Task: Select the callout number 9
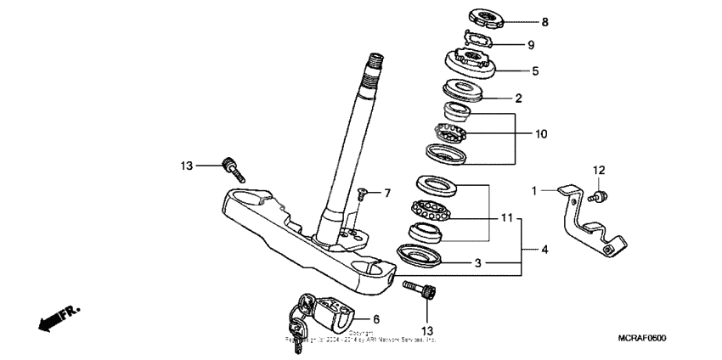[532, 45]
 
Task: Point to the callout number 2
[517, 98]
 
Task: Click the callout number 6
[375, 318]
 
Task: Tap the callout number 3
[478, 264]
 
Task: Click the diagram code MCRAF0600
[642, 338]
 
